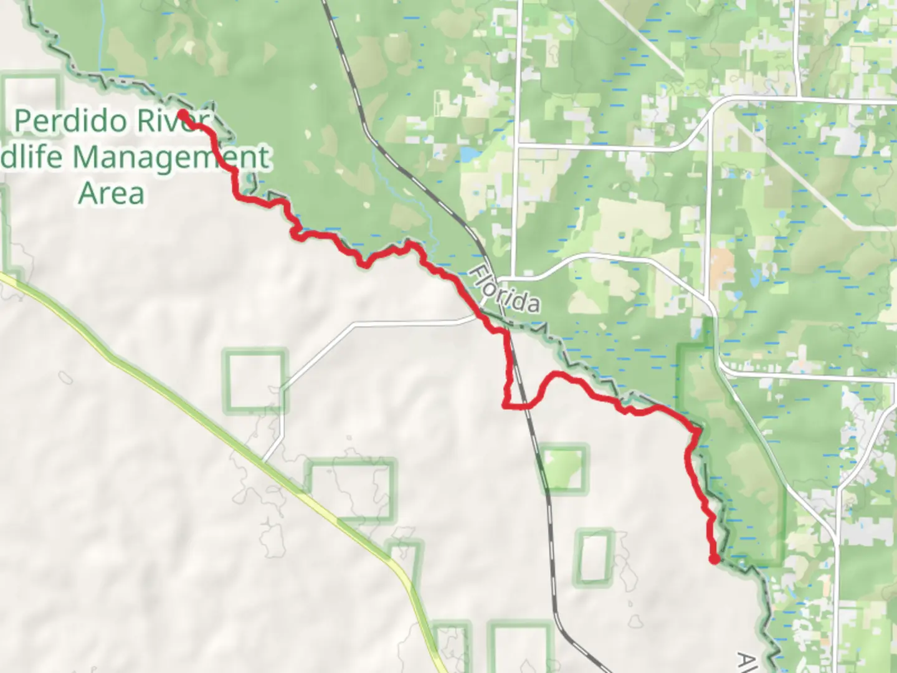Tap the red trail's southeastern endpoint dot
[714, 559]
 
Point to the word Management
[171, 157]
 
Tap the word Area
[112, 193]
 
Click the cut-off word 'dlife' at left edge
[31, 157]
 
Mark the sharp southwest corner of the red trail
[505, 406]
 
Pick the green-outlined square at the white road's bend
[255, 381]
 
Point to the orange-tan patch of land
[721, 265]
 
